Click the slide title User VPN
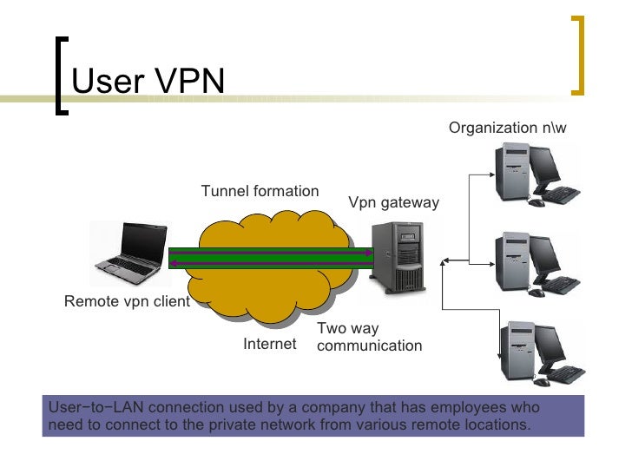148,82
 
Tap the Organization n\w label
507,128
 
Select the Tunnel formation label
260,191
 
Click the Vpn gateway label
393,203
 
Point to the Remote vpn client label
127,302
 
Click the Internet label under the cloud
269,345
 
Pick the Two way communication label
369,337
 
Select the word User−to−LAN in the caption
86,408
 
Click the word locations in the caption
496,425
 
